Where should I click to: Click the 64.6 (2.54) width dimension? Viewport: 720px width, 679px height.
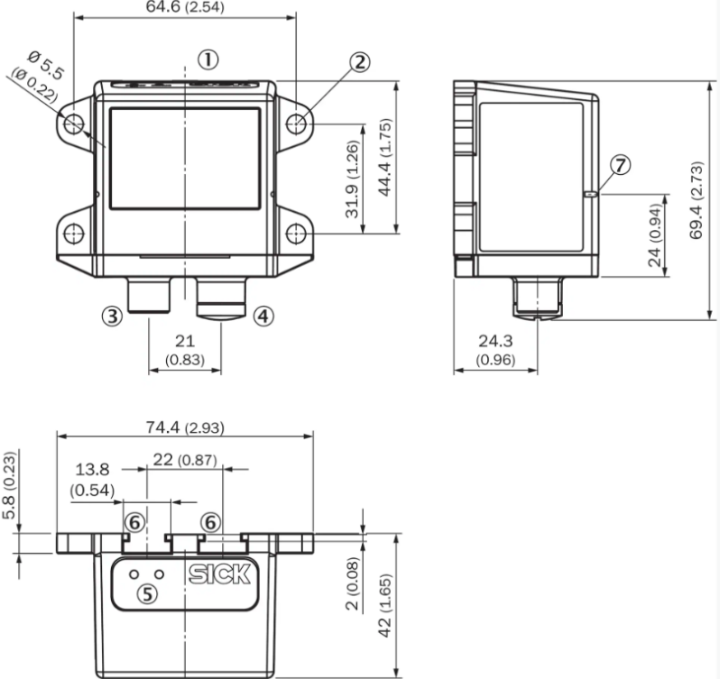coord(185,7)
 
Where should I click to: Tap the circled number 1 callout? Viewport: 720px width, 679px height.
coord(208,60)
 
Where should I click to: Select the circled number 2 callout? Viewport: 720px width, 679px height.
coord(359,62)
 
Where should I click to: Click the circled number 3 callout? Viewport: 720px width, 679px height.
coord(112,317)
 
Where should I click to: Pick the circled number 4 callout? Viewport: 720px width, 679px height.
coord(263,317)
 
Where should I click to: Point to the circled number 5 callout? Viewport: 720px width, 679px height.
coord(147,594)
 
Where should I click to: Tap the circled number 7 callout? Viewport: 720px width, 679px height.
coord(621,165)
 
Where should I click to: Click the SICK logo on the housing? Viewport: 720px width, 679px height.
coord(219,574)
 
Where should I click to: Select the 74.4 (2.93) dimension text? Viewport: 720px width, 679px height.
coord(185,427)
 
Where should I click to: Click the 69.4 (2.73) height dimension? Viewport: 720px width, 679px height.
coord(697,200)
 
